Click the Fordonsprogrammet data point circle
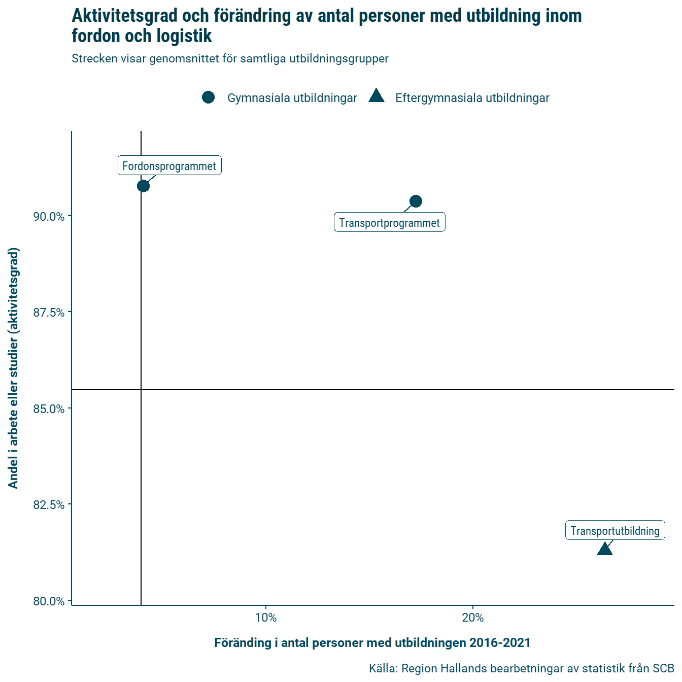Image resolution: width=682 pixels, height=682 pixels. pos(143,186)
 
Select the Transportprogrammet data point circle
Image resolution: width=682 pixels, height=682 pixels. pos(416,201)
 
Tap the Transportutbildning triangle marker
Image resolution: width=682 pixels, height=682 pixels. pos(604,549)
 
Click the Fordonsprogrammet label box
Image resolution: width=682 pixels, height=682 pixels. pos(169,165)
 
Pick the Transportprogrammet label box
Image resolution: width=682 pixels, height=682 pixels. pos(389,222)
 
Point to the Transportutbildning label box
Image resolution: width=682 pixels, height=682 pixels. pos(615,530)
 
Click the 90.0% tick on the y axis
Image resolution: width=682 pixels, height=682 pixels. pos(49,217)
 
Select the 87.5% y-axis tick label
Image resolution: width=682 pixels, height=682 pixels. pos(49,313)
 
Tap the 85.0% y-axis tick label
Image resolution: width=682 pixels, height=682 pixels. pos(49,409)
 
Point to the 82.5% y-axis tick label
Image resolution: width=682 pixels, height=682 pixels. pos(49,505)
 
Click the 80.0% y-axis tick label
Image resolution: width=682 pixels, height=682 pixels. pos(49,601)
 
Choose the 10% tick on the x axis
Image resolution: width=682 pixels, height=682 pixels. pos(266,618)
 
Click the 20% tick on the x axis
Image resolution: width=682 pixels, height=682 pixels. pos(473,618)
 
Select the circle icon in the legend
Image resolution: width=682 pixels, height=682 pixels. pos(208,97)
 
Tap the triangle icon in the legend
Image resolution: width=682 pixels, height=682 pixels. pos(377,96)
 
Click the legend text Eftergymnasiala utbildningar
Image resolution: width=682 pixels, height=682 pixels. pos(472,98)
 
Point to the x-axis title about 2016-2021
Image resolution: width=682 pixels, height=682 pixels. pos(372,643)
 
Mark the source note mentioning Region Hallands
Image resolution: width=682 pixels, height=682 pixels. pos(521,668)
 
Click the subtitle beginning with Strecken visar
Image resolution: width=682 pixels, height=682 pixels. pos(230,58)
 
